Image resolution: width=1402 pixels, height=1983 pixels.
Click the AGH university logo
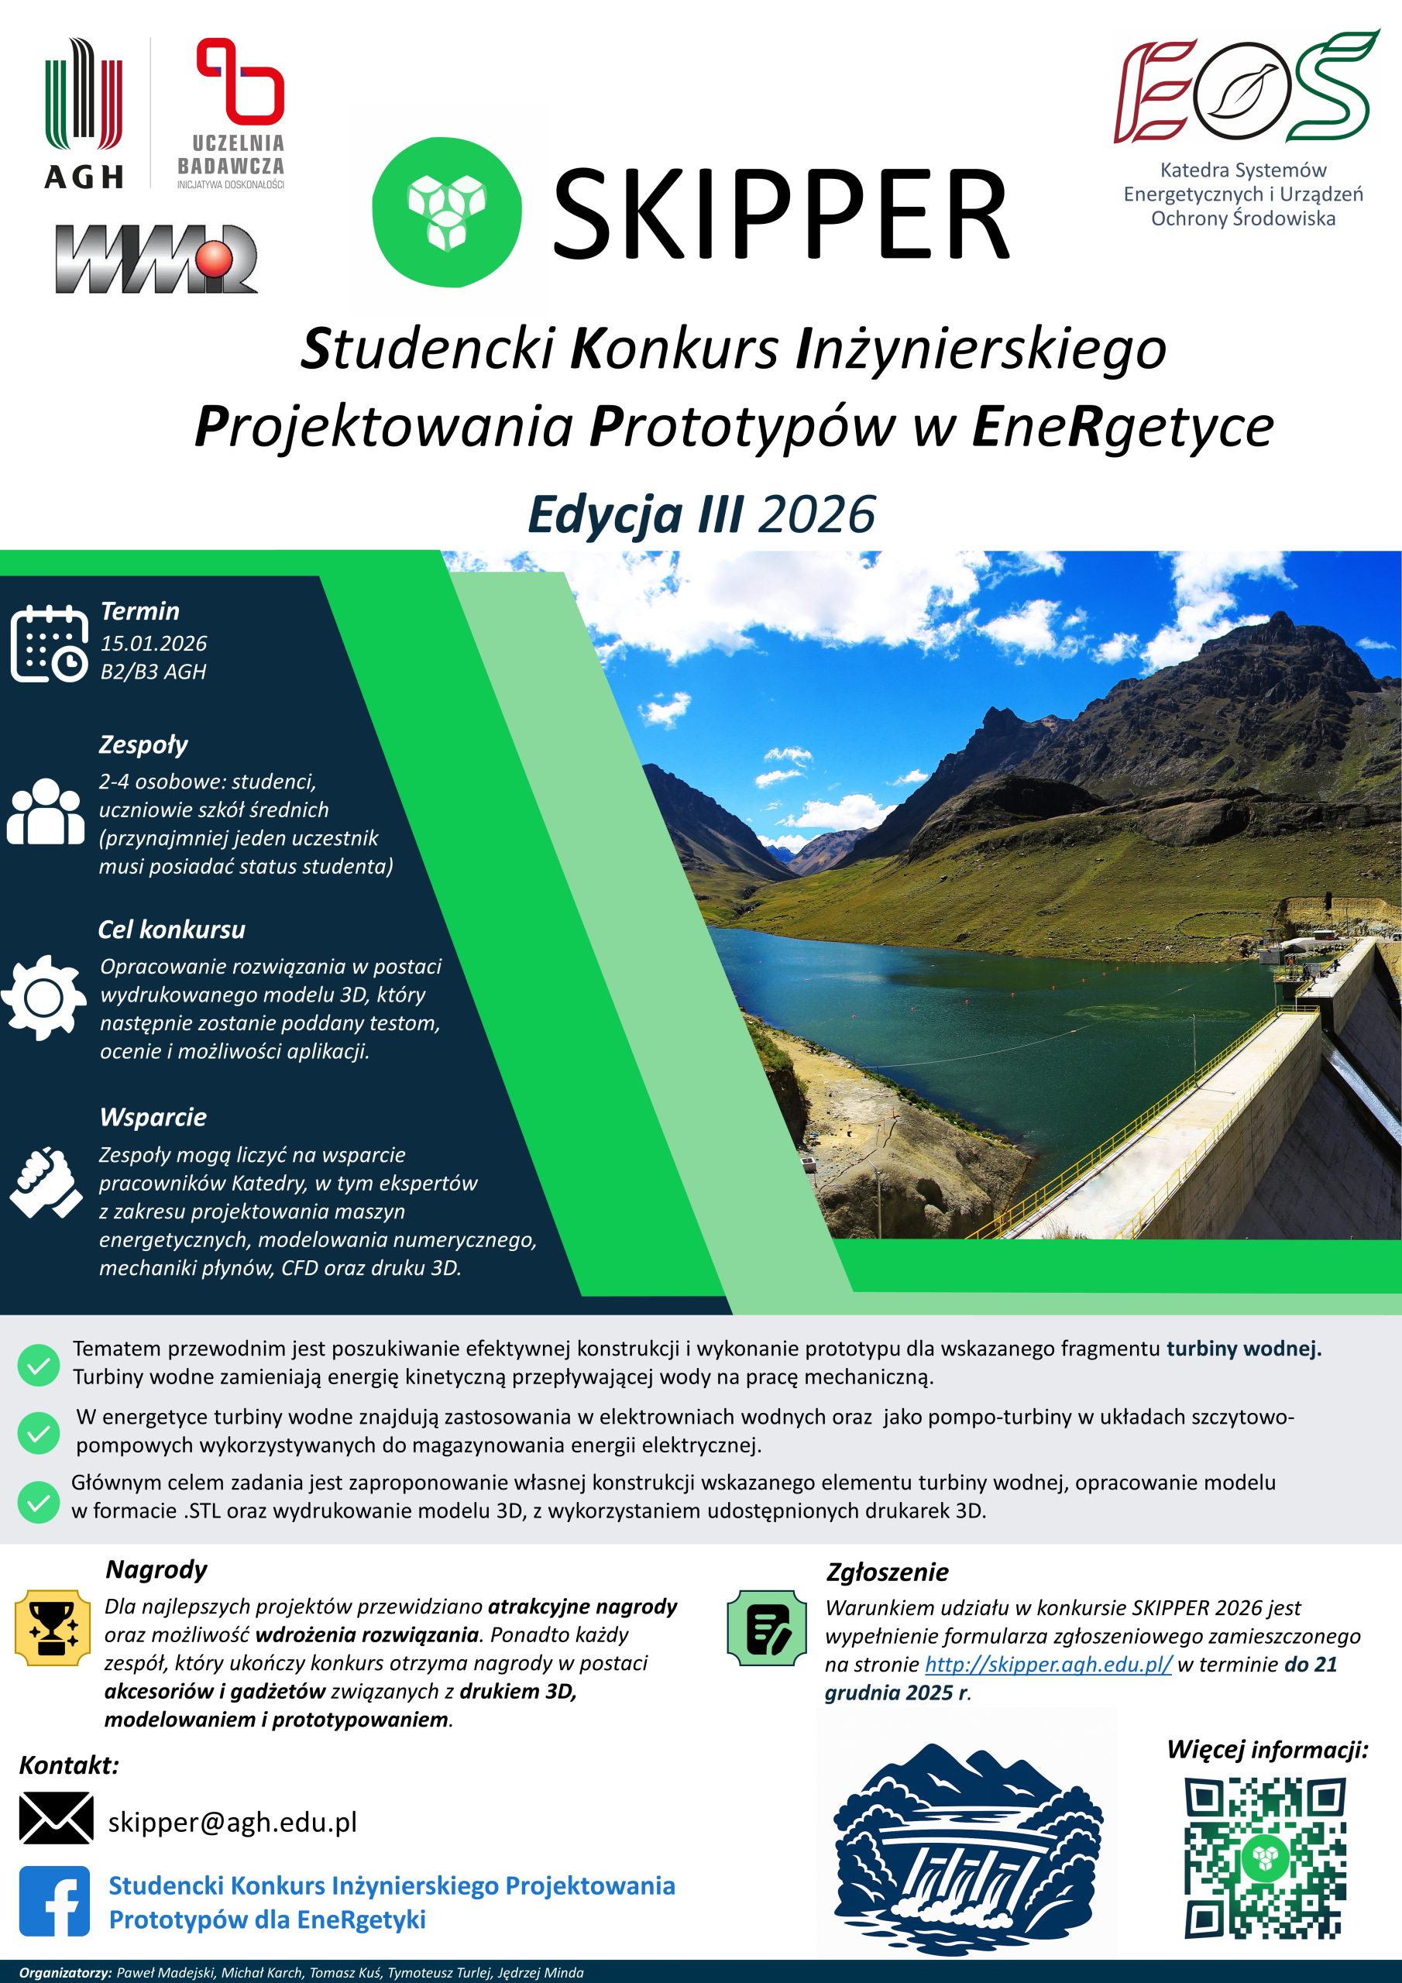84,112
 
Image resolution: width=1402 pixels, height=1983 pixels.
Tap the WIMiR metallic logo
156,258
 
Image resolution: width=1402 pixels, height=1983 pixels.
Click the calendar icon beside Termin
50,644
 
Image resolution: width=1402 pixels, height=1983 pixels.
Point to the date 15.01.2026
154,644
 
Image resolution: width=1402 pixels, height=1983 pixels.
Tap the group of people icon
46,811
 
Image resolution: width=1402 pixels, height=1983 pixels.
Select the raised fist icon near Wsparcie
46,1182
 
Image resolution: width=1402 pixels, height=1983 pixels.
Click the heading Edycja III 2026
702,515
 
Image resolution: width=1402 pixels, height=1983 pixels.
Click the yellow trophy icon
53,1628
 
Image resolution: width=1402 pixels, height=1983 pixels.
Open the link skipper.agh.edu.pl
1048,1665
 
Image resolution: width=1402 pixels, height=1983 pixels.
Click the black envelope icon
56,1818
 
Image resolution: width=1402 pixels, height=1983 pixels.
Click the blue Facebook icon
54,1901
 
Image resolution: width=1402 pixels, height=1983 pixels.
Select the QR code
1266,1858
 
